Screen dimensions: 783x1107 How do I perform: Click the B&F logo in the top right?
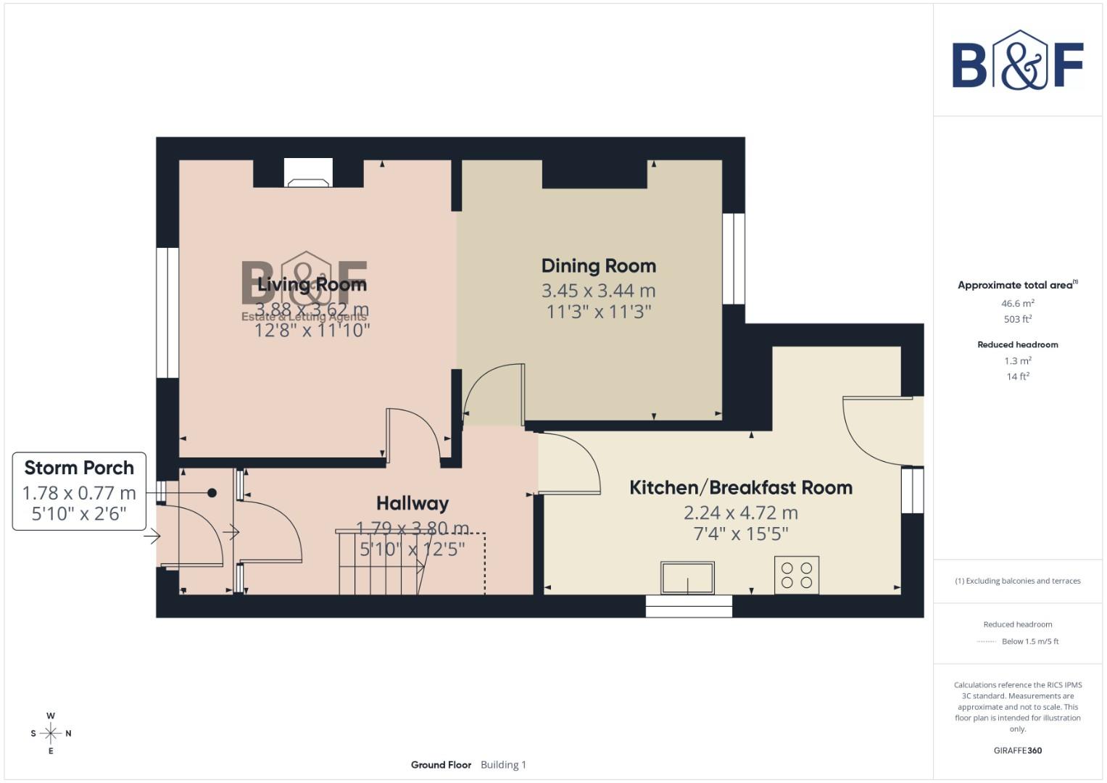(x=1017, y=61)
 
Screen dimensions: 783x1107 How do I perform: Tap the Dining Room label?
(x=598, y=266)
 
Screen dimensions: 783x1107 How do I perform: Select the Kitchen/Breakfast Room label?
(x=740, y=487)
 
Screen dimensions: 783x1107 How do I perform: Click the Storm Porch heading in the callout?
(x=79, y=468)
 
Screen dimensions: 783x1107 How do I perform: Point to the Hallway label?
(x=412, y=503)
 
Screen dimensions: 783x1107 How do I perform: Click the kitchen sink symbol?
(x=687, y=578)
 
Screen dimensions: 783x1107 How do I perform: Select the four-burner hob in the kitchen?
(x=797, y=575)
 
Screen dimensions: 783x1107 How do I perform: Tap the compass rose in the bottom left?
(x=51, y=733)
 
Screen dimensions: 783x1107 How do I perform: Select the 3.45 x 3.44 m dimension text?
(x=598, y=291)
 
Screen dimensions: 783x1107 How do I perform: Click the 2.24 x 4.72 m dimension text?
(x=740, y=513)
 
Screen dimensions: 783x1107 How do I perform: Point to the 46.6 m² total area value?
(x=1017, y=304)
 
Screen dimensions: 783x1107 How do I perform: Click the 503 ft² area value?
(x=1017, y=319)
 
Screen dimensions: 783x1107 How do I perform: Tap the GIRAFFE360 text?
(x=1017, y=750)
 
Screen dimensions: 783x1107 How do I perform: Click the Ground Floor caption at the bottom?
(x=441, y=765)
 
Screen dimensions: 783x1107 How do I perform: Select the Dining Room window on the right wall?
(x=734, y=258)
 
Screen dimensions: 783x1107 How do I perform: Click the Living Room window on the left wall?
(x=167, y=312)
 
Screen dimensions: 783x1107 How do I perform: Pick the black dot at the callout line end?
(x=212, y=493)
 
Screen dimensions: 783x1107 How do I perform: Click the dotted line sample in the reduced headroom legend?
(x=986, y=642)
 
